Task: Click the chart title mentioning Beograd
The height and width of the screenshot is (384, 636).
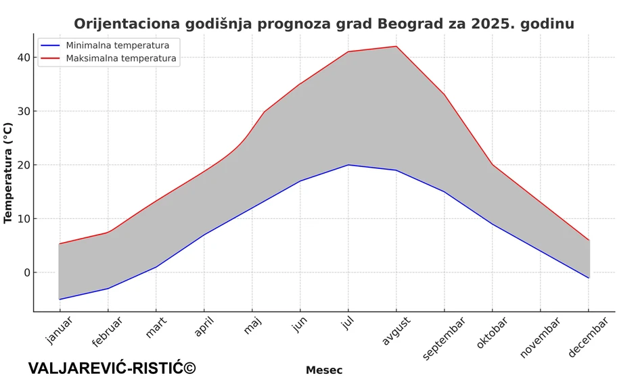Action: pos(323,24)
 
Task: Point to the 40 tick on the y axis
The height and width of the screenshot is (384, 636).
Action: pos(24,57)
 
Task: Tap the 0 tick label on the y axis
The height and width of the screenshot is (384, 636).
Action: pos(27,272)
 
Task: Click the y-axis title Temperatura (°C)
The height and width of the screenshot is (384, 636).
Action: pos(8,172)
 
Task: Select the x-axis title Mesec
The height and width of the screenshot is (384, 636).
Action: pos(323,370)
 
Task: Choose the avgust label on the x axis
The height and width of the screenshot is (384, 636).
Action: pos(396,331)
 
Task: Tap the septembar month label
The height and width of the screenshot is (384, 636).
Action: pos(443,338)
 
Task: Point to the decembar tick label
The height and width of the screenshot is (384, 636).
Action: pos(587,338)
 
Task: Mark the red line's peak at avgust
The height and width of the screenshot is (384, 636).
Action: pos(396,47)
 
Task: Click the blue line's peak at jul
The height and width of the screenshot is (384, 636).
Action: pos(348,165)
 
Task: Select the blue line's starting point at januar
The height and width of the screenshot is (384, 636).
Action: pos(60,299)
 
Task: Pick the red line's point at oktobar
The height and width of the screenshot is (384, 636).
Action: pos(493,164)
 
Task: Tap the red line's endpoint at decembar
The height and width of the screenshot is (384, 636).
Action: pos(589,240)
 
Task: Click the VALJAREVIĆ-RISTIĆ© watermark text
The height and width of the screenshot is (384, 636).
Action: pos(112,368)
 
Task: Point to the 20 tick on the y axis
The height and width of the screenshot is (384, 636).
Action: pos(24,165)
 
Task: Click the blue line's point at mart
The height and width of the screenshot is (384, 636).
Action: pos(156,267)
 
